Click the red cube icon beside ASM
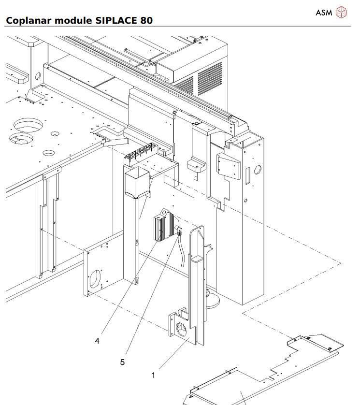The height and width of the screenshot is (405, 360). coord(341,12)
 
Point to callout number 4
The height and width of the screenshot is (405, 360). coord(97,341)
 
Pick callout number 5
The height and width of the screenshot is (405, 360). coord(122,362)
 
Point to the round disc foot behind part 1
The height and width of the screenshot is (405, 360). coord(213,302)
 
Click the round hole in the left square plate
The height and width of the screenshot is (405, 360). coord(96,278)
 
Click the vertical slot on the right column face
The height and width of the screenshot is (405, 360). coord(247,176)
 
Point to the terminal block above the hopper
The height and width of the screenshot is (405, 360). coord(141,155)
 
